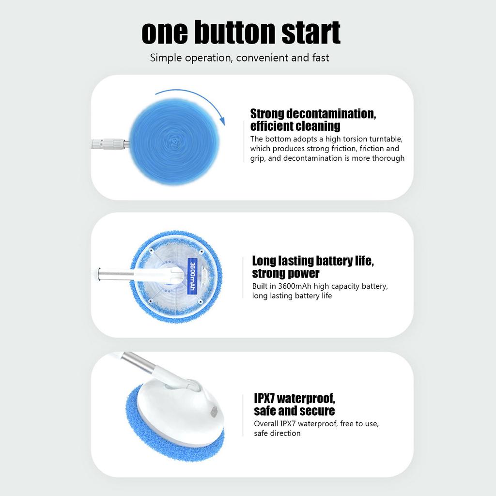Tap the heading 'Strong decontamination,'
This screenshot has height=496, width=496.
point(313,114)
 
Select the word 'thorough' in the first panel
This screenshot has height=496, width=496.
point(388,158)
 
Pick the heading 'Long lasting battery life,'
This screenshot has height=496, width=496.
point(313,261)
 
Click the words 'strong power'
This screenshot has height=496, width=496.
point(286,274)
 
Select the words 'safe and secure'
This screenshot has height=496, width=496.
point(294,411)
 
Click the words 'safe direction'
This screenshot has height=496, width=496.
point(277,433)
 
